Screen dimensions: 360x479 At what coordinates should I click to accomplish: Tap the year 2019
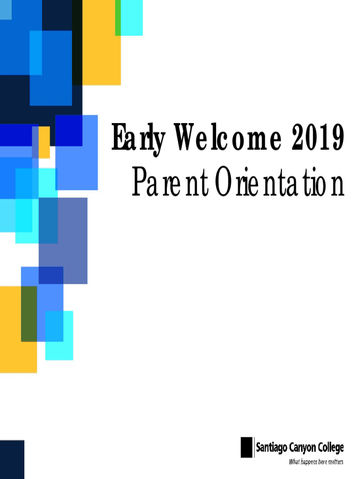point(318,137)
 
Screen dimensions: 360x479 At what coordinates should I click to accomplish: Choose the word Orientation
point(280,182)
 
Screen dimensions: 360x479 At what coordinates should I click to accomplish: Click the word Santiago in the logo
point(272,448)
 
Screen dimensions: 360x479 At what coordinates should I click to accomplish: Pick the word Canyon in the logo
point(302,448)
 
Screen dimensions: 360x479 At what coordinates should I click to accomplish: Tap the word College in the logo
point(331,448)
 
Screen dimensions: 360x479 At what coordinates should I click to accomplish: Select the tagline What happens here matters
point(316,462)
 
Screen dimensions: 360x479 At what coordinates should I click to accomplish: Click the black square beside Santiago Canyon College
point(247,447)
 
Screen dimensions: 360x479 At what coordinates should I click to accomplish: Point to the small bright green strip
point(118,18)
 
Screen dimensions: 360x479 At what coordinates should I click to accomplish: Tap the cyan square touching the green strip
point(131,18)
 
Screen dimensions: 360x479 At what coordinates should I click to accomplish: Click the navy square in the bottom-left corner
point(12,459)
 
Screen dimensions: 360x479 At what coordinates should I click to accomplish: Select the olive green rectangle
point(29,314)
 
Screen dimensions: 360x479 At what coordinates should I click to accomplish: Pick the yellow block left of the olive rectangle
point(10,329)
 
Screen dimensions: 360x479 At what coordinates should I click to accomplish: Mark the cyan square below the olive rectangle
point(59,335)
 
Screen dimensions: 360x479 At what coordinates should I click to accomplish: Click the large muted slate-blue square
point(63,241)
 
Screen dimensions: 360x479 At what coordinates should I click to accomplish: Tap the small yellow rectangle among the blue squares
point(44,142)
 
